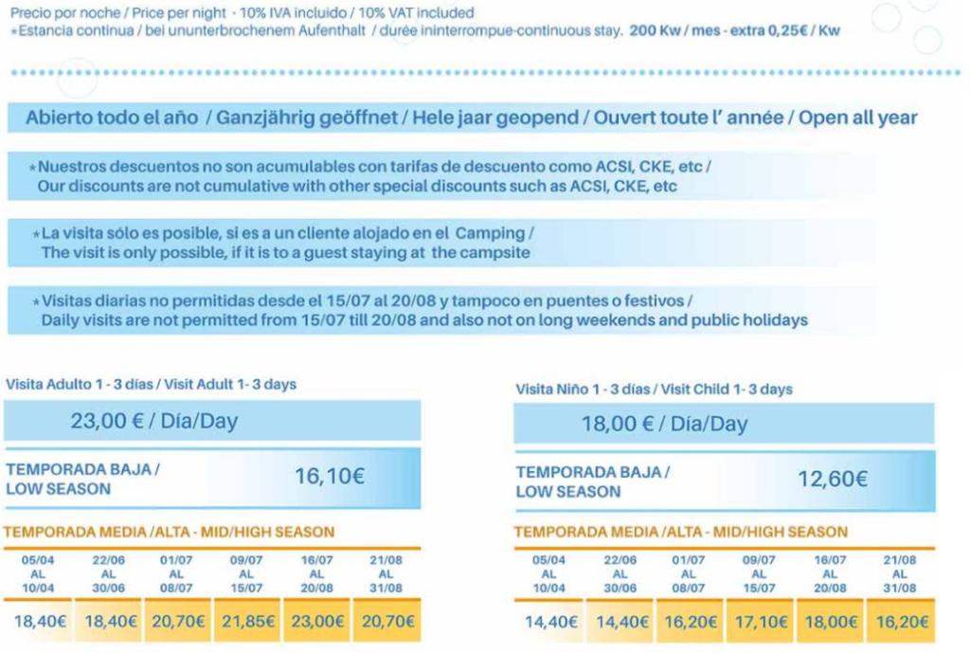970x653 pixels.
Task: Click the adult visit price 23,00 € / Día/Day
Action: tap(153, 421)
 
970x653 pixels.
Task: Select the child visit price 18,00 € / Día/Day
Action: tap(664, 424)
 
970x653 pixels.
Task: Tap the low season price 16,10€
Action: tap(329, 477)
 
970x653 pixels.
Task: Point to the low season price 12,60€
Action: tap(833, 480)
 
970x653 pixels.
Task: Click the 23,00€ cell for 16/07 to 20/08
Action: tap(316, 622)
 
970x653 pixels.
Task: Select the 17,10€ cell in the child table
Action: tap(759, 623)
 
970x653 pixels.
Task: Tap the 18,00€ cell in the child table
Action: tap(829, 623)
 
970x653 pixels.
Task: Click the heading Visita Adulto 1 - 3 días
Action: tap(81, 385)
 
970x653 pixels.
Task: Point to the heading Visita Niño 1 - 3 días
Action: tap(583, 390)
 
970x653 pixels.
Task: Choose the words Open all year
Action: tap(858, 118)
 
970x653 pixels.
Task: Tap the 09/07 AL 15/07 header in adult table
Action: tap(246, 573)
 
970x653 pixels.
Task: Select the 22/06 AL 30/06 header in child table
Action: tap(620, 573)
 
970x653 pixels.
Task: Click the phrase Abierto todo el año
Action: tap(112, 118)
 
